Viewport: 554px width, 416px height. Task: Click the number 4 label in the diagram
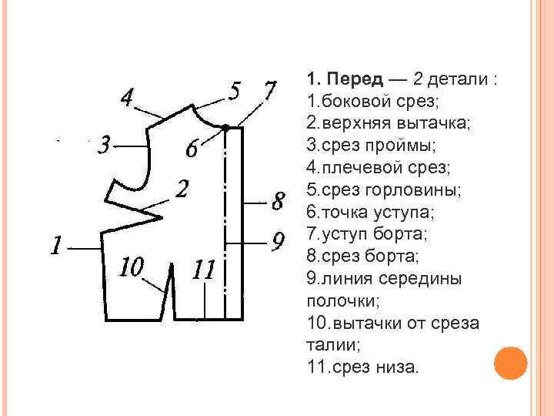[127, 98]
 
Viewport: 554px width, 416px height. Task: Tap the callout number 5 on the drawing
[237, 91]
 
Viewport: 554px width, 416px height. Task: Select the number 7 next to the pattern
[270, 91]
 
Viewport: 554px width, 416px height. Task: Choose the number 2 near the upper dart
[182, 188]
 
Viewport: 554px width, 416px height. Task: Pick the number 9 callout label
[279, 240]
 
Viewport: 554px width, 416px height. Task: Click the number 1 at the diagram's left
[55, 246]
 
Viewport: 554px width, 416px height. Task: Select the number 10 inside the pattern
[132, 267]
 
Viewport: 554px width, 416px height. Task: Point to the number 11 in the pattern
[204, 270]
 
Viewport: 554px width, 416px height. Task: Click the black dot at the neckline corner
[225, 126]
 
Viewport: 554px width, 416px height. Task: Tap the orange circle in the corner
[510, 363]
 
